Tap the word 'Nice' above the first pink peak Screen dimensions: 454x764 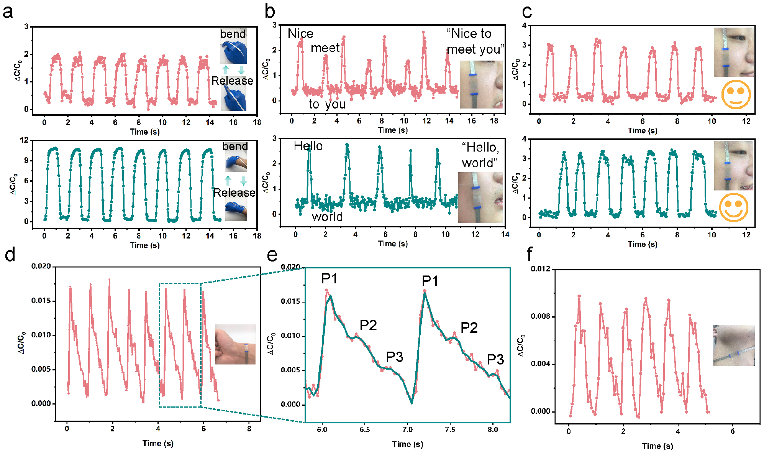[300, 34]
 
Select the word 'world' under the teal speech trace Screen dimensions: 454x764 [327, 217]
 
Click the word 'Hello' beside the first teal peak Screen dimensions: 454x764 [308, 146]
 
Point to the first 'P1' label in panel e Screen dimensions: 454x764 [329, 279]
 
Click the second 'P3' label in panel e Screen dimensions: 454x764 [495, 359]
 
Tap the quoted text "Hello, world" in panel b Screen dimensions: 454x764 [480, 155]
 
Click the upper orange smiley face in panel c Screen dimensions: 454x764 [736, 94]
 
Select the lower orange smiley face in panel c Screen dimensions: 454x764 [733, 207]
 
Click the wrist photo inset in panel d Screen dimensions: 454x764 [235, 344]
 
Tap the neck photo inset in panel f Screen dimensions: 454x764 [733, 345]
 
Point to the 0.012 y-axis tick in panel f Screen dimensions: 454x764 [540, 269]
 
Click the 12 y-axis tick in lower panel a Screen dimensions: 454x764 [24, 140]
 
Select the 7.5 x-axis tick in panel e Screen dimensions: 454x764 [450, 429]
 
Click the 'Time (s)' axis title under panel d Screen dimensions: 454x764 [158, 443]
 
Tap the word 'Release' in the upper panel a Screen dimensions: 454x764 [232, 81]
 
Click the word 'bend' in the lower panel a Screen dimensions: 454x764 [235, 146]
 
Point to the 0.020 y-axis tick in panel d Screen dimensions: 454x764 [41, 266]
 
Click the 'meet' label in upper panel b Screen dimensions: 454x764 [325, 48]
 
